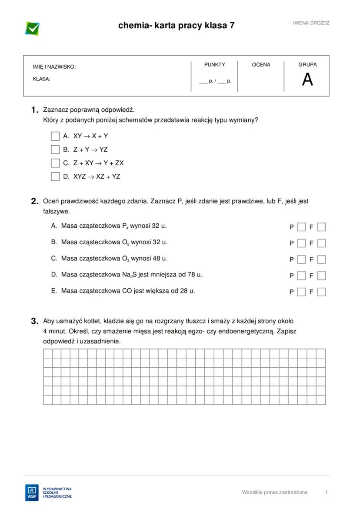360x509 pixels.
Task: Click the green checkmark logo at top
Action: pos(33,28)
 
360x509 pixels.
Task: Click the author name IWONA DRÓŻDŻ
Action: pos(311,23)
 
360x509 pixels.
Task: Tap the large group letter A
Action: pos(307,80)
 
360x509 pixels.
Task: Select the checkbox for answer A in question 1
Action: pos(55,136)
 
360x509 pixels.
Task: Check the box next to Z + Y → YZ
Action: pos(55,150)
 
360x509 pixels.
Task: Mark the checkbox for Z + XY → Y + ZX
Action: pos(55,163)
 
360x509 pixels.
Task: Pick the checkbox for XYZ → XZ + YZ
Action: pos(55,176)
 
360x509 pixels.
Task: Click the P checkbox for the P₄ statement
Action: pos(301,227)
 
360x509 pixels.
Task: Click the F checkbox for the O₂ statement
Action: pos(321,243)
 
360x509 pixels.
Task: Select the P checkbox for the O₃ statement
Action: pos(301,259)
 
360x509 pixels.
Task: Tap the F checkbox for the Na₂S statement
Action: pos(321,276)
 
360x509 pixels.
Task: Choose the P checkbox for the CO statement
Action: pos(301,292)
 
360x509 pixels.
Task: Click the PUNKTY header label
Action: pos(215,65)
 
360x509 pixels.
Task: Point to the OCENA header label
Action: pos(261,65)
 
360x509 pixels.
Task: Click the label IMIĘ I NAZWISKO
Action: pos(54,67)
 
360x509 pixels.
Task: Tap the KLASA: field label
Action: pos(42,79)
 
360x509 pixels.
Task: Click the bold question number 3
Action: pos(35,322)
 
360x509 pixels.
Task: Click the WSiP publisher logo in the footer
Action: pos(32,492)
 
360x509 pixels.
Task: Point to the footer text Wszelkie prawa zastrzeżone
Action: pos(275,492)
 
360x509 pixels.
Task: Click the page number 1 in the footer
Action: pos(327,492)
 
